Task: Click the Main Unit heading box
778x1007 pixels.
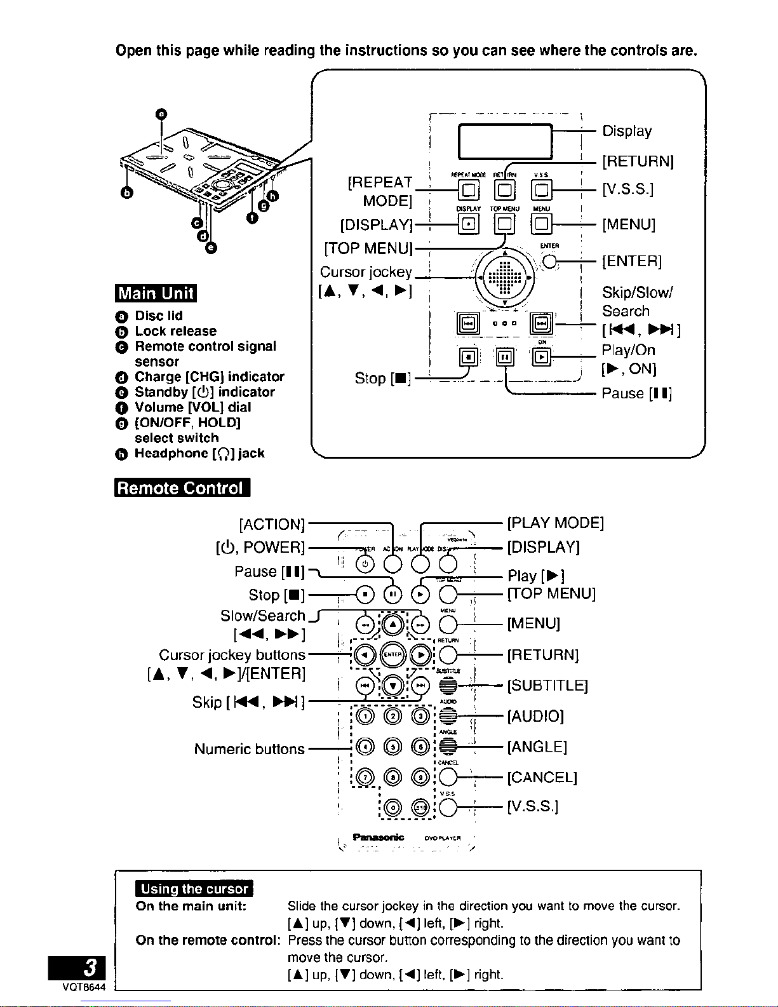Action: point(156,294)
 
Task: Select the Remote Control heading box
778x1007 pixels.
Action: point(182,488)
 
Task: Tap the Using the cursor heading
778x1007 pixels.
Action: point(194,889)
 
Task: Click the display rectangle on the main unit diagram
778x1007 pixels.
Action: point(505,141)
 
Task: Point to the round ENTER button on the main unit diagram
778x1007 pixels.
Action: point(549,261)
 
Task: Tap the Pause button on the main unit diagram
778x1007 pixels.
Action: point(505,357)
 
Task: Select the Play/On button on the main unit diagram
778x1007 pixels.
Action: point(542,357)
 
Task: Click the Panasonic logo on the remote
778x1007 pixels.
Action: point(379,837)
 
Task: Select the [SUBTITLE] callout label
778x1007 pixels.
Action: point(547,686)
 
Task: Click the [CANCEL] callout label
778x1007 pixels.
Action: point(542,777)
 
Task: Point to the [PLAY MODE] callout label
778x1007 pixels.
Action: point(555,523)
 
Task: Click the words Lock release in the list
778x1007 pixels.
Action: point(175,331)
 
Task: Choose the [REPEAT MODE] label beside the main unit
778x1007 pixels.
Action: point(380,191)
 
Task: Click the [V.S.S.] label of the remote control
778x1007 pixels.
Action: point(532,807)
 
